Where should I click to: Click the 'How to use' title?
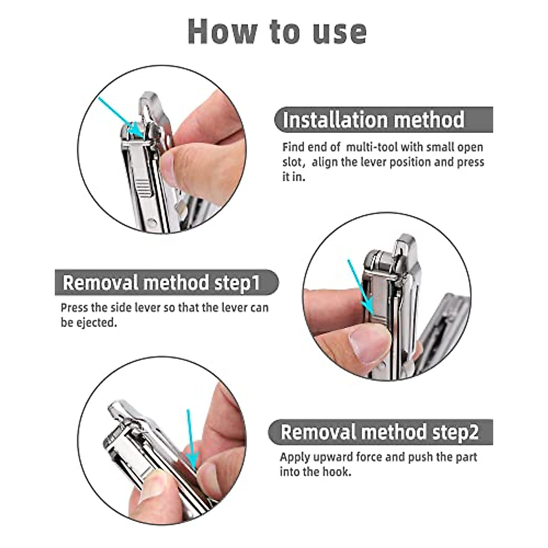click(x=277, y=32)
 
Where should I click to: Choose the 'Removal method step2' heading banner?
click(x=380, y=432)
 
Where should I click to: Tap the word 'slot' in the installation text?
click(x=292, y=163)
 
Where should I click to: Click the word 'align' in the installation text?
click(x=326, y=163)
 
